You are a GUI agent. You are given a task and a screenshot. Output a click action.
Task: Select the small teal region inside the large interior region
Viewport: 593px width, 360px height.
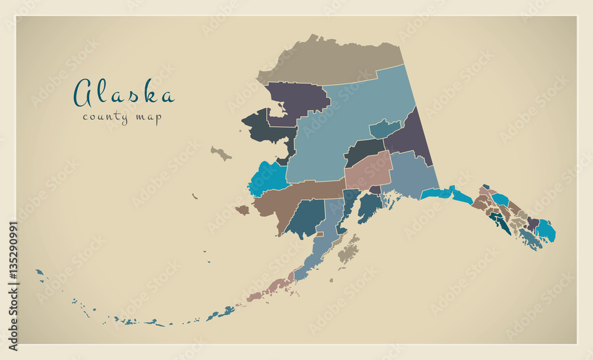pos(384,128)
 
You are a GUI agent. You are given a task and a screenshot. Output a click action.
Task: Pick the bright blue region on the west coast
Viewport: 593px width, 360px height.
pos(267,178)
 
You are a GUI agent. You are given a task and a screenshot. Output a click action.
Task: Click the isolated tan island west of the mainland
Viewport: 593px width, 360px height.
pos(221,154)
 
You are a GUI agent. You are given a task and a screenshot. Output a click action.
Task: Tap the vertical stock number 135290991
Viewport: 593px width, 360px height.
pos(12,285)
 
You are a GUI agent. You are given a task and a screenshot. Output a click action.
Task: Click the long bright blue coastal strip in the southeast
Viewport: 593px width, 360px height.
pos(445,193)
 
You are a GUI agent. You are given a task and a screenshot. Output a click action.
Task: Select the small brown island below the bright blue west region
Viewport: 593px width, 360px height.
pos(243,210)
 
